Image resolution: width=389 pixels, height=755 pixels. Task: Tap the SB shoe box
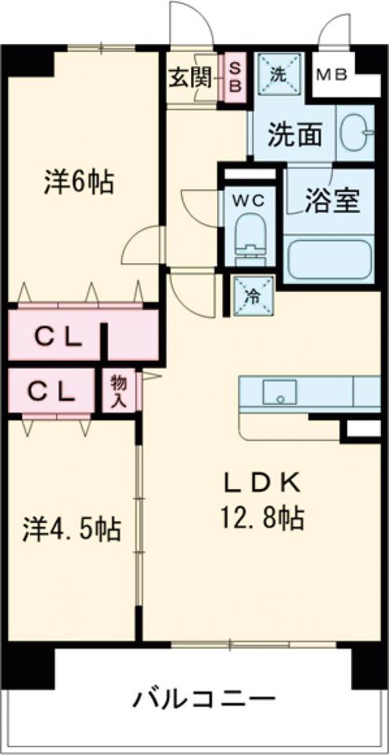tap(234, 76)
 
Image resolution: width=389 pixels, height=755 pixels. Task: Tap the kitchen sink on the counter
tap(280, 392)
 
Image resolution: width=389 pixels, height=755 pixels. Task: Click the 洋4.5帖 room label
tap(71, 529)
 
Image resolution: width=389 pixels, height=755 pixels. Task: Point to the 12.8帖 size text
tap(263, 517)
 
